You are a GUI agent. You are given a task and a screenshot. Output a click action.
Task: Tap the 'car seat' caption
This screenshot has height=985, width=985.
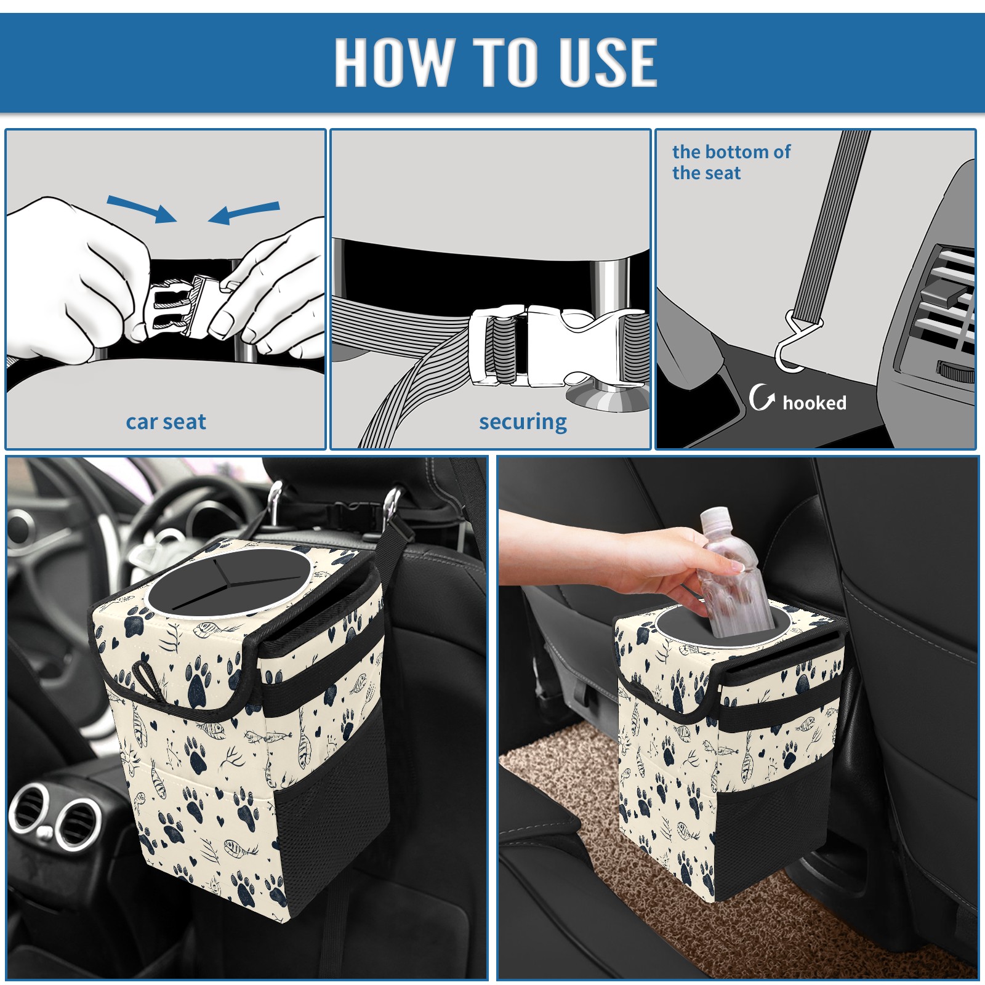tap(166, 422)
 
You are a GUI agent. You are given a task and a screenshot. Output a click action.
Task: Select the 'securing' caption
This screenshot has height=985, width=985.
tap(523, 422)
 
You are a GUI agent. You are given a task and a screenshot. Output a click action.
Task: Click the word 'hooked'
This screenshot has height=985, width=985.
tap(814, 403)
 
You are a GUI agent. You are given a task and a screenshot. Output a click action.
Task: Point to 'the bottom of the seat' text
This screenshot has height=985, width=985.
tap(731, 162)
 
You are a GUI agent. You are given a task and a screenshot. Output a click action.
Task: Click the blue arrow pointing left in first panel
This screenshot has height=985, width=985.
tap(244, 212)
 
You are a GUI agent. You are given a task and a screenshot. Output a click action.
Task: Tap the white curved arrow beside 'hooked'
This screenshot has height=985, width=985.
tap(762, 397)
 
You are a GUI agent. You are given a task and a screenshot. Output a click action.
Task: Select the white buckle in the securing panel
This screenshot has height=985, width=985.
tap(554, 346)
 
